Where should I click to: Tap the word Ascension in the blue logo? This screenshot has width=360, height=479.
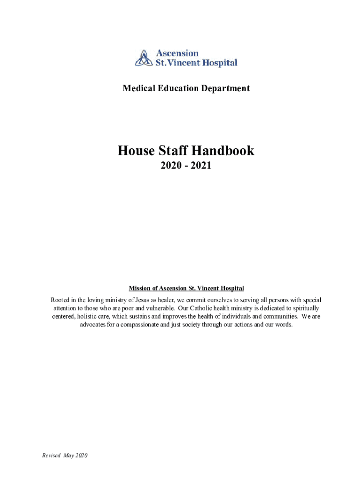[177, 53]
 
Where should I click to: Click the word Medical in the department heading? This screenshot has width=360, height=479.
[138, 88]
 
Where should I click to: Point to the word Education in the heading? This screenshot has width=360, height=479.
[179, 88]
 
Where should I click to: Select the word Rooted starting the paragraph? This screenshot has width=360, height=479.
[61, 300]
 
